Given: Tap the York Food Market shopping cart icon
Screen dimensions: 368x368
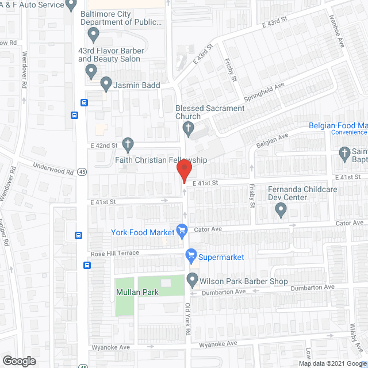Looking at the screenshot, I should (x=182, y=232).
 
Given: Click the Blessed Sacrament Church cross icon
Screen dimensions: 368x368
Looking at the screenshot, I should (x=187, y=128).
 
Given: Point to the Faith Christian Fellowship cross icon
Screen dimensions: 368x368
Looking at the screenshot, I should (x=128, y=144).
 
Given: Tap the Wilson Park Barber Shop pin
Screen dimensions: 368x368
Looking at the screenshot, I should (x=192, y=281).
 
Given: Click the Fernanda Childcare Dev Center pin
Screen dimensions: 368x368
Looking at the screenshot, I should (x=281, y=210).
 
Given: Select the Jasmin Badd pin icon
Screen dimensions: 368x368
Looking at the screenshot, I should (x=106, y=85).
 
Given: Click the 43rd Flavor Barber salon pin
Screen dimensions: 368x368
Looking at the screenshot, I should (x=90, y=72).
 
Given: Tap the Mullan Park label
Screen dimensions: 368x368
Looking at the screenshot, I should (x=137, y=292).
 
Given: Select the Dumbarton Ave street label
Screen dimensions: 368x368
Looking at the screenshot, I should (x=313, y=287).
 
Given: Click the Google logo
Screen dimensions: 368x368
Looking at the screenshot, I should (x=18, y=361).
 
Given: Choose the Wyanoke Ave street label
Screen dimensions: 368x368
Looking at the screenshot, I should (x=218, y=343).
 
